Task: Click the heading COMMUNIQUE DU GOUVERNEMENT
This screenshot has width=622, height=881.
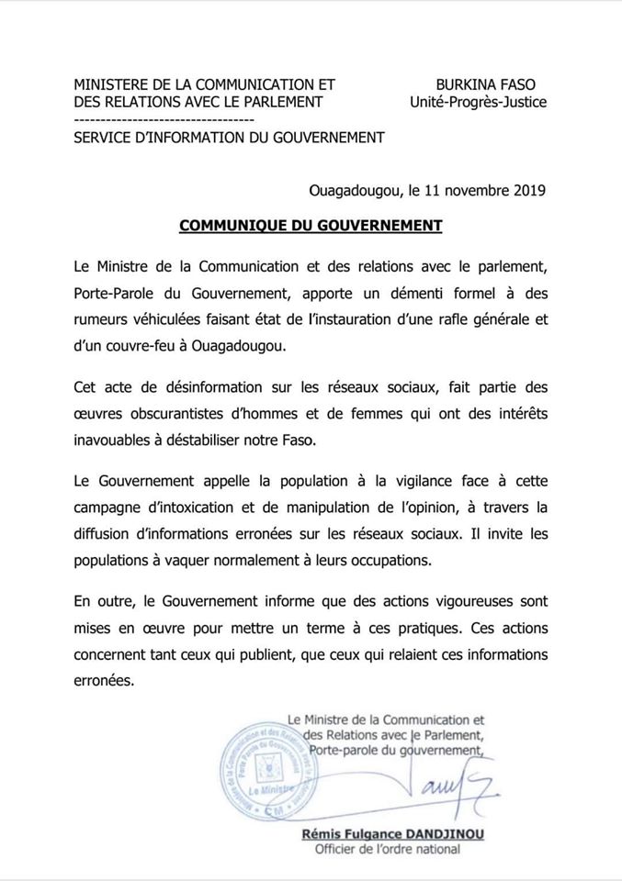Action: (311, 225)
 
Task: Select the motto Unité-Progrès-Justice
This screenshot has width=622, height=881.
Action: (478, 103)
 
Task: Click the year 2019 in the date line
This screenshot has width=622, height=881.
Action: (527, 191)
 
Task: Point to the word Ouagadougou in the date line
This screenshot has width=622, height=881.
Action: (355, 191)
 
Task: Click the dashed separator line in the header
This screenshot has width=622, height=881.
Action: (164, 120)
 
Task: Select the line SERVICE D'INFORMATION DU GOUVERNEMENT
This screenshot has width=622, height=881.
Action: (229, 138)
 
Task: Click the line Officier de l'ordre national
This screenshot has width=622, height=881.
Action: (388, 850)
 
